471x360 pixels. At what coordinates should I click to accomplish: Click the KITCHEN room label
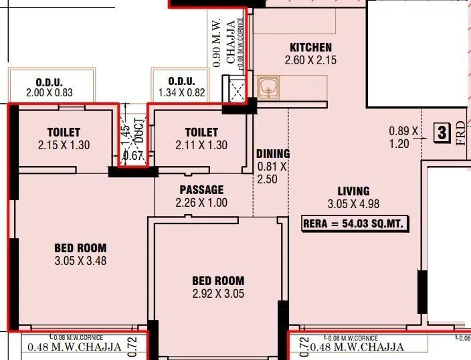pyautogui.click(x=310, y=48)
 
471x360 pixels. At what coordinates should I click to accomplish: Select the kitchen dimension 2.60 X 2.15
pyautogui.click(x=310, y=60)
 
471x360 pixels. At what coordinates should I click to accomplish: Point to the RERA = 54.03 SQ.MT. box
pyautogui.click(x=355, y=223)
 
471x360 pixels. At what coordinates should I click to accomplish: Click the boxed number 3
pyautogui.click(x=441, y=132)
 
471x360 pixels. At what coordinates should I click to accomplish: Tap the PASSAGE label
pyautogui.click(x=201, y=190)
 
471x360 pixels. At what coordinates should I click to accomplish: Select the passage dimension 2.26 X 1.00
pyautogui.click(x=201, y=203)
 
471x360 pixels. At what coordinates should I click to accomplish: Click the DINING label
pyautogui.click(x=273, y=153)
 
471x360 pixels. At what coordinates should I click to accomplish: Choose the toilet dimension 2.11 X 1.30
pyautogui.click(x=201, y=145)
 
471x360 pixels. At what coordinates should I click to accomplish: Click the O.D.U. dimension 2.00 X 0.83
pyautogui.click(x=49, y=93)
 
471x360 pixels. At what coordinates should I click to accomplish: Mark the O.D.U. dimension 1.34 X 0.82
pyautogui.click(x=181, y=93)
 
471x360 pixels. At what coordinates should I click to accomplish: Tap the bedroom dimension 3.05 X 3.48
pyautogui.click(x=80, y=261)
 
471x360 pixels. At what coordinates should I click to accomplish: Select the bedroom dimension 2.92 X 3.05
pyautogui.click(x=218, y=293)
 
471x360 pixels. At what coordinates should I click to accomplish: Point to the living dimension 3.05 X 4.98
pyautogui.click(x=354, y=203)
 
